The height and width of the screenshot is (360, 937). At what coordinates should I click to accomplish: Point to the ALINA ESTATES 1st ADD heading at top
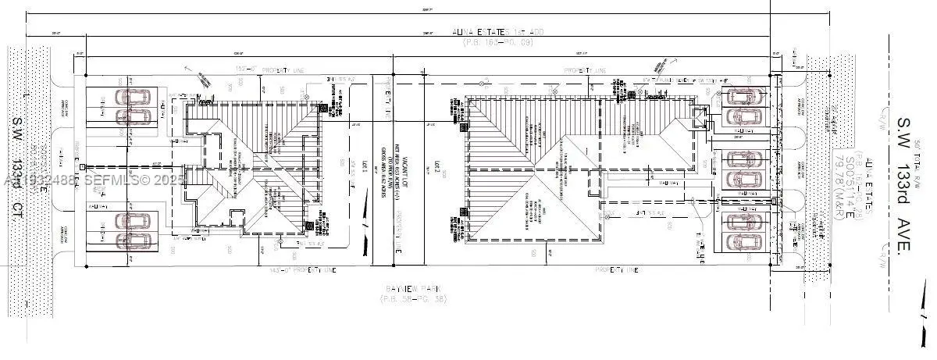(497, 32)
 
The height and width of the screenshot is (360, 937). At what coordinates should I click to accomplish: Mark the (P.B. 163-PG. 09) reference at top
(497, 41)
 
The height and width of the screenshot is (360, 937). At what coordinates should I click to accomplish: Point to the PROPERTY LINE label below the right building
(617, 270)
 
